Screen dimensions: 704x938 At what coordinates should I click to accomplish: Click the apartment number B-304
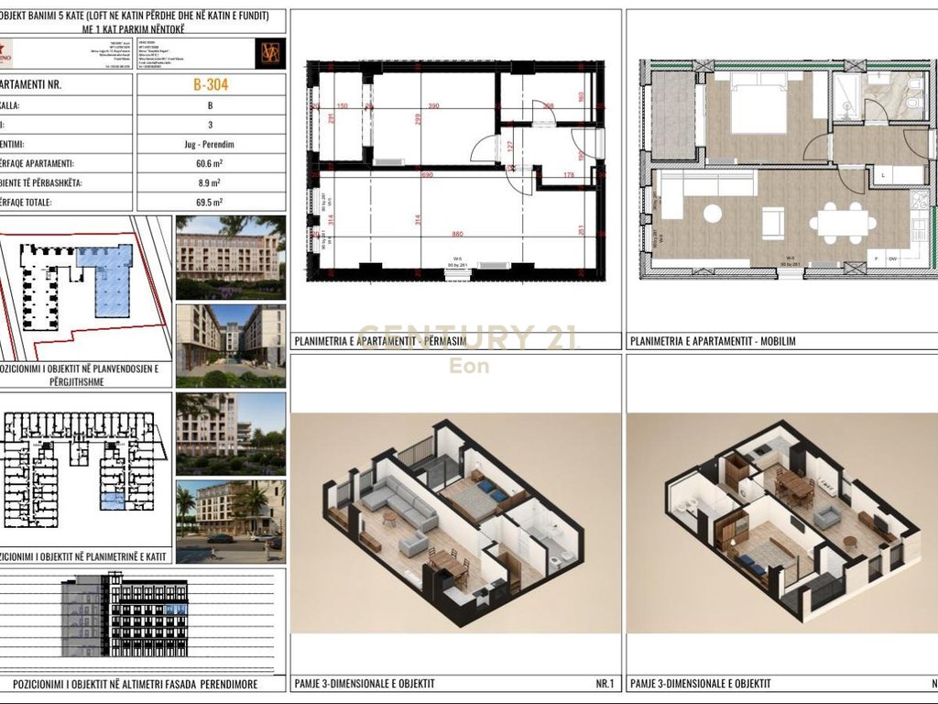[x=211, y=85]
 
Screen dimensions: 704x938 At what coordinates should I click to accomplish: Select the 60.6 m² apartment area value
[x=211, y=163]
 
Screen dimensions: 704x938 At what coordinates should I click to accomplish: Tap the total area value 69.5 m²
[x=211, y=203]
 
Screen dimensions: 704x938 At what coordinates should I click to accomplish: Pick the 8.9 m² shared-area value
[x=211, y=183]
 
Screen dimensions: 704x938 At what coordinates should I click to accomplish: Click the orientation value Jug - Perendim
[x=211, y=144]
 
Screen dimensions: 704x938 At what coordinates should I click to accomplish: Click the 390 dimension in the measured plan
[x=433, y=106]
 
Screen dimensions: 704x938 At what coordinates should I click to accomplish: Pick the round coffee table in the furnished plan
[x=713, y=213]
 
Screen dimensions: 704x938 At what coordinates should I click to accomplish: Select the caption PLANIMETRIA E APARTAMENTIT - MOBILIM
[x=714, y=341]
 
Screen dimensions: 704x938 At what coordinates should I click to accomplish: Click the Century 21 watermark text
[x=467, y=337]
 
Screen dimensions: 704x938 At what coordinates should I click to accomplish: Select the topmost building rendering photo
[x=230, y=257]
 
